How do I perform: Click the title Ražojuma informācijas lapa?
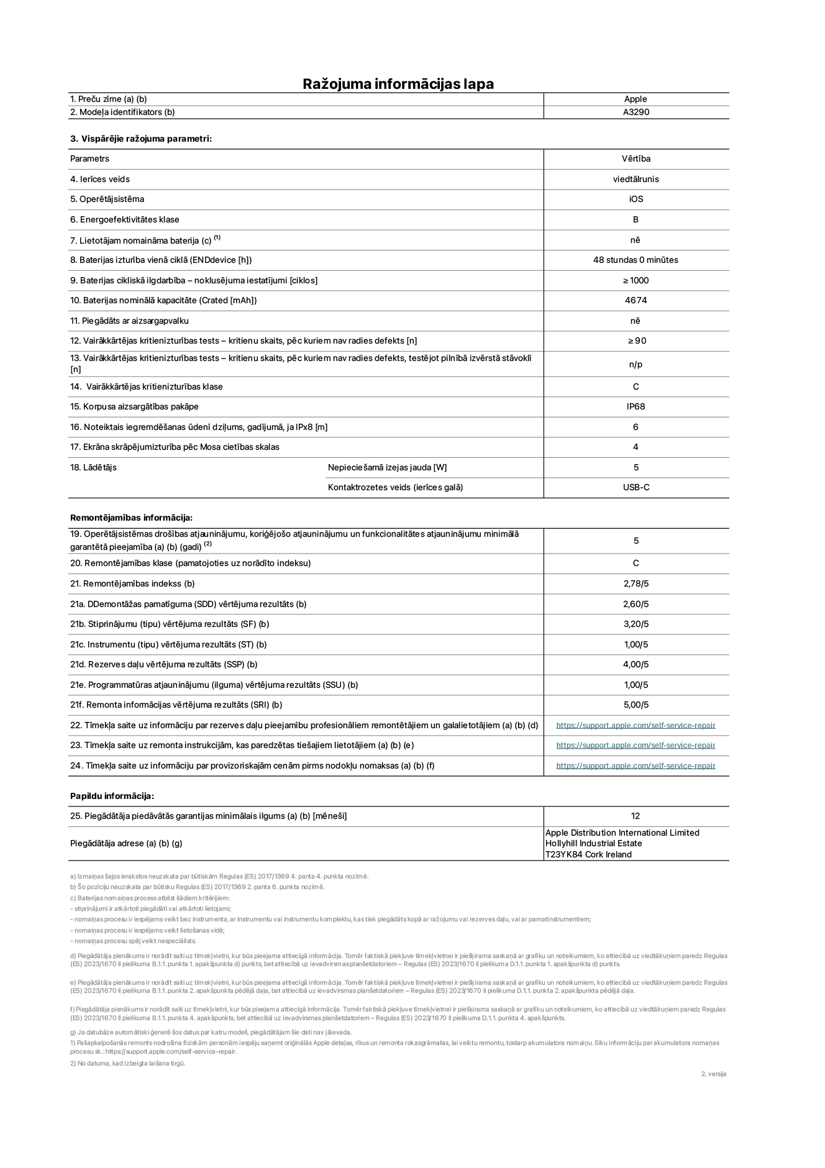tap(398, 84)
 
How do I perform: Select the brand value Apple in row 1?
tap(636, 99)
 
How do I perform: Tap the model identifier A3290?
tap(636, 112)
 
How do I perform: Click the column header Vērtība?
tap(636, 159)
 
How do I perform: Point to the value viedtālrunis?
tap(636, 180)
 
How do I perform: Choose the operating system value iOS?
tap(636, 199)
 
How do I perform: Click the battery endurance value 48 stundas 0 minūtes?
tap(636, 260)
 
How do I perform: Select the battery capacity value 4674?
tap(636, 301)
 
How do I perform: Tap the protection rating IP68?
tap(636, 407)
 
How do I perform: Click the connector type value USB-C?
tap(636, 488)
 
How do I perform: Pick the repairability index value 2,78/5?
tap(636, 584)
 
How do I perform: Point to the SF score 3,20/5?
tap(636, 624)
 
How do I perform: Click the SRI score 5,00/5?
tap(636, 705)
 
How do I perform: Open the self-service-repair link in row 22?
tap(636, 726)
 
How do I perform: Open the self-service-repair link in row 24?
tap(636, 766)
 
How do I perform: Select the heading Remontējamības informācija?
tap(131, 518)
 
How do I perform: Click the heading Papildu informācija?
tap(112, 796)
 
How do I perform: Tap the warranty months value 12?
tap(635, 816)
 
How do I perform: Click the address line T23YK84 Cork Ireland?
tap(588, 855)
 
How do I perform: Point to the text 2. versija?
tap(713, 1074)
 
